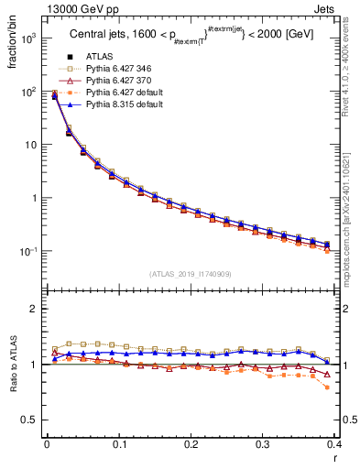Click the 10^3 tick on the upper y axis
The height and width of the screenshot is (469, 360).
(x=30, y=38)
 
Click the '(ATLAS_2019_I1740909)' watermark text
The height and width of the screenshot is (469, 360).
(x=191, y=274)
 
